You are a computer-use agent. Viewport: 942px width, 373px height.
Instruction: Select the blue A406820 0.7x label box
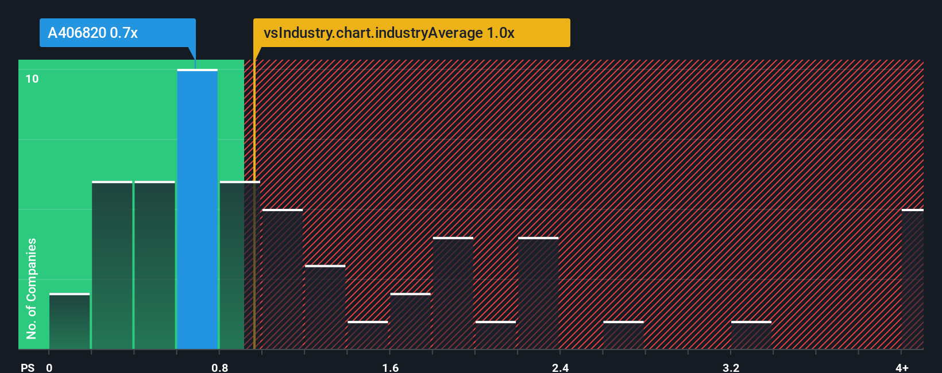[x=117, y=33]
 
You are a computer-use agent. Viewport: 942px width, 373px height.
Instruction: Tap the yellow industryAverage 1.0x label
[x=411, y=33]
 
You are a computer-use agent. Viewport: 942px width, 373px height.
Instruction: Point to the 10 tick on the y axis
[x=32, y=79]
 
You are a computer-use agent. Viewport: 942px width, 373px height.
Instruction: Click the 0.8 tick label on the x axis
[x=219, y=367]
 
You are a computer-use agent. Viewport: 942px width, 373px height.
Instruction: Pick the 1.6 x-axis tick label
[x=390, y=367]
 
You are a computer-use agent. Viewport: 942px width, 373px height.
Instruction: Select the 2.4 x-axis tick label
[x=560, y=367]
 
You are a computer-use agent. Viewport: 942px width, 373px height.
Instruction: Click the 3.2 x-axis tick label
[x=731, y=367]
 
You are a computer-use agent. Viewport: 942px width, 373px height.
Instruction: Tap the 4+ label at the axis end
[x=902, y=367]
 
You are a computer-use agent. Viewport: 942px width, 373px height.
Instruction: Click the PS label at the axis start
[x=28, y=367]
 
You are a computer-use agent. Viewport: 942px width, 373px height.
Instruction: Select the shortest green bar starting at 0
[x=70, y=321]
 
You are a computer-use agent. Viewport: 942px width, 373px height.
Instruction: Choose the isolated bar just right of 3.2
[x=751, y=335]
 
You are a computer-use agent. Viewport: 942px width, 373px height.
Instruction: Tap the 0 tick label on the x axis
[x=49, y=367]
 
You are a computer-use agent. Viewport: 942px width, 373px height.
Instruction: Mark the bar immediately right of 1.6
[x=410, y=321]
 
